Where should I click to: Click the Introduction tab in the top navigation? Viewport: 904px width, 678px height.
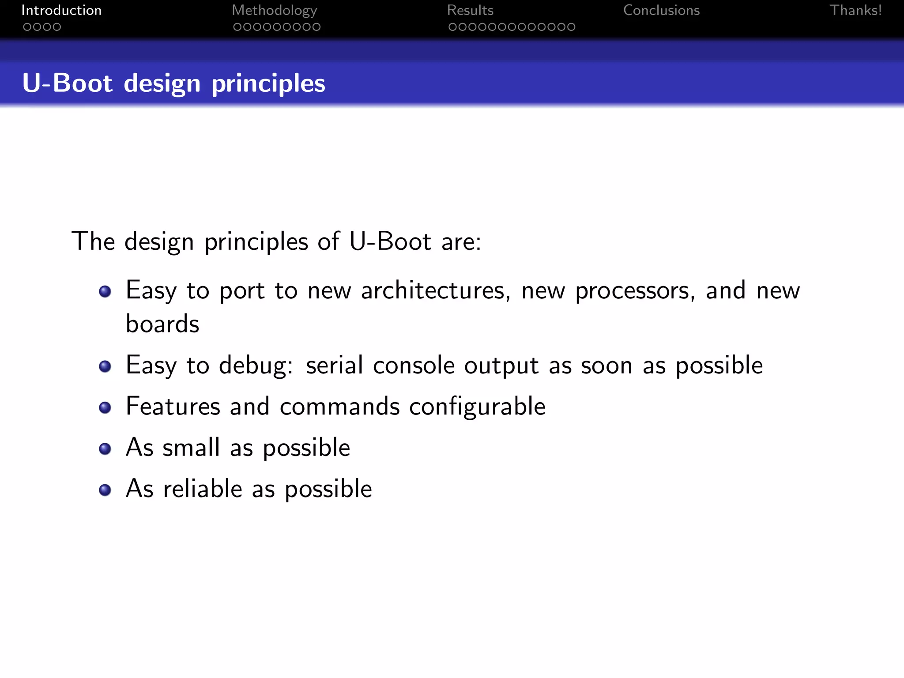61,10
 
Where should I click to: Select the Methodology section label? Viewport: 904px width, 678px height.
274,11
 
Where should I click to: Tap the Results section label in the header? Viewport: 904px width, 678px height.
470,10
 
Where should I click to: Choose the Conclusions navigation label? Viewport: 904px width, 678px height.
661,10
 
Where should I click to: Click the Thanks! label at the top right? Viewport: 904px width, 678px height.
855,10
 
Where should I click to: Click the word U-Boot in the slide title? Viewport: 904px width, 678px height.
67,83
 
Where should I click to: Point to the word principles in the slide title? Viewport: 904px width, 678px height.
268,84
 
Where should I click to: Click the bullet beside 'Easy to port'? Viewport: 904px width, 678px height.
105,291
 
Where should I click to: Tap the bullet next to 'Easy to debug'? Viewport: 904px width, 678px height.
105,366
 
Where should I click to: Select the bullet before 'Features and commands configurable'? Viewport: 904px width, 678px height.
105,407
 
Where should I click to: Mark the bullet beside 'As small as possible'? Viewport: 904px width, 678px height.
105,449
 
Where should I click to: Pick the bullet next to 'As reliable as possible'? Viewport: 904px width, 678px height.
105,490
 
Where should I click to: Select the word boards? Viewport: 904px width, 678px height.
162,324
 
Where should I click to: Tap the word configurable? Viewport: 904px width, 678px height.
477,407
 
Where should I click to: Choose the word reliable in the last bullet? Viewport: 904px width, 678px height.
203,489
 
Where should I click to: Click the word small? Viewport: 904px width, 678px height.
191,448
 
